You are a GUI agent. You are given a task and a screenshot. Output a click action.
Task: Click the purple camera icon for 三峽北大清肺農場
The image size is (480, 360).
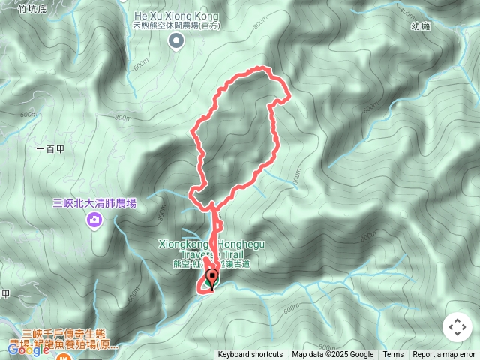coord(94,219)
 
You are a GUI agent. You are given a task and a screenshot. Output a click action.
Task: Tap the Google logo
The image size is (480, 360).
coord(28,349)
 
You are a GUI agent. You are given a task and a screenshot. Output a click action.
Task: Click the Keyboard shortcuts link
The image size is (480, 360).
coord(250,355)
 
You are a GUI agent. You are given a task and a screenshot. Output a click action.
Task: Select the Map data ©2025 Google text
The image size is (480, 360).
coord(332,355)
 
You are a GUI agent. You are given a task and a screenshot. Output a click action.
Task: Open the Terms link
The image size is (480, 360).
coord(393,355)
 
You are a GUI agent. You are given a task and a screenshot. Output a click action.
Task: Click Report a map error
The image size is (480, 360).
coord(444,355)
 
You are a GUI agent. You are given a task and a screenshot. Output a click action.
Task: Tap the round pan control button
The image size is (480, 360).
coord(457,327)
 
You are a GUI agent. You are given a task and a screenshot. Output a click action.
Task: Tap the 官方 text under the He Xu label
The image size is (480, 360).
coord(211,25)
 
